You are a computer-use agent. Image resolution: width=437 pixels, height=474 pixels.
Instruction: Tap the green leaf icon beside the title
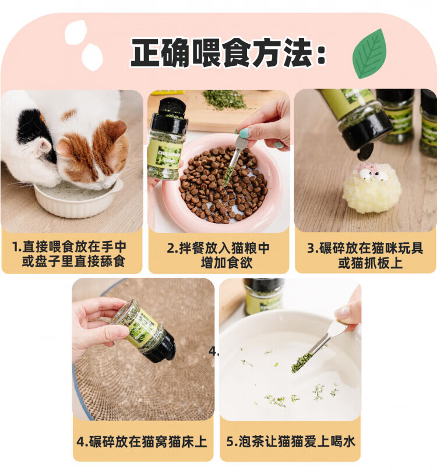click(x=369, y=54)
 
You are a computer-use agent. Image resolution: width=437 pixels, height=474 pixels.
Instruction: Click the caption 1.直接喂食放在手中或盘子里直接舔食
click(x=71, y=254)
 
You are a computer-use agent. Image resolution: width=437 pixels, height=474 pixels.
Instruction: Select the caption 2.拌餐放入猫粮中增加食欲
click(x=218, y=256)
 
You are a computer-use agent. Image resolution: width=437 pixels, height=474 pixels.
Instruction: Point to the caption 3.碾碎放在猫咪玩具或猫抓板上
click(x=365, y=256)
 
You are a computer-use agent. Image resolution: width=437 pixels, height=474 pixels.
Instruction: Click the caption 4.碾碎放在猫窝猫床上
click(x=142, y=441)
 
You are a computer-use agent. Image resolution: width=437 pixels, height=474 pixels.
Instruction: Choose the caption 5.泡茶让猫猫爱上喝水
click(x=291, y=441)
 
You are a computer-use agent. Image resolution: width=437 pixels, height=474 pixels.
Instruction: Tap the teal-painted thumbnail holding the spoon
click(x=244, y=133)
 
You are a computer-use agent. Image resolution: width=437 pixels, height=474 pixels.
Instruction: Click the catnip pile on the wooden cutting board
click(x=224, y=99)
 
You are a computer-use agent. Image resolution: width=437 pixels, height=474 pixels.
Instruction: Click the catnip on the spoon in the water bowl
click(x=302, y=362)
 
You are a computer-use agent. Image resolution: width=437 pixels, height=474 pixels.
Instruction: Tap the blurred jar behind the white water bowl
click(x=264, y=296)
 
